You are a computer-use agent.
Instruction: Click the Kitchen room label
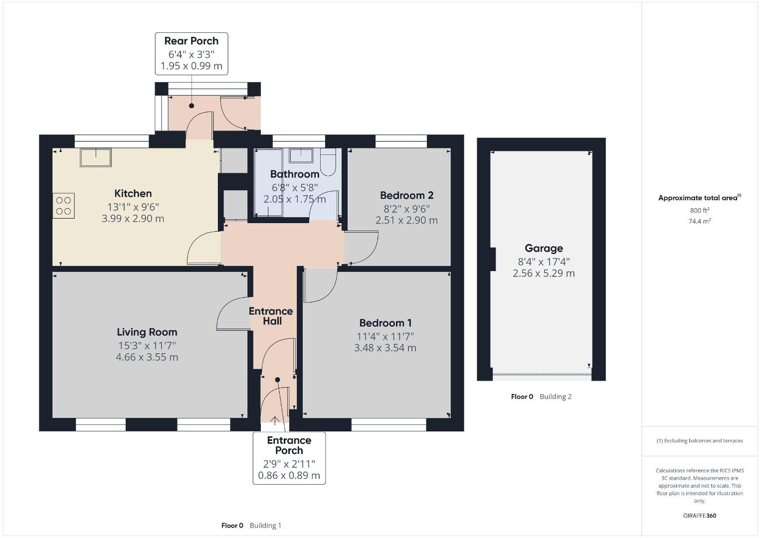pyautogui.click(x=133, y=193)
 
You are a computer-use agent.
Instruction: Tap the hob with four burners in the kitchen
pyautogui.click(x=63, y=206)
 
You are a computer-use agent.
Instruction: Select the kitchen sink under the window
pyautogui.click(x=96, y=157)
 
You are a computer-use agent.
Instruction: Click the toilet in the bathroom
pyautogui.click(x=328, y=162)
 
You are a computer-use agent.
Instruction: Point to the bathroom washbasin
pyautogui.click(x=301, y=155)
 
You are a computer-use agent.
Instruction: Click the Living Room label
pyautogui.click(x=147, y=332)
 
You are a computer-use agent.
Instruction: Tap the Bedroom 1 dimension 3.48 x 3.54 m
pyautogui.click(x=385, y=348)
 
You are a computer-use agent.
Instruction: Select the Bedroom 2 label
pyautogui.click(x=406, y=195)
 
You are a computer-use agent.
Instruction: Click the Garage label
pyautogui.click(x=544, y=249)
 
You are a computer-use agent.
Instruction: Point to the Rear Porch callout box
pyautogui.click(x=191, y=54)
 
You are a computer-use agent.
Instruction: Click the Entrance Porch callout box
pyautogui.click(x=289, y=458)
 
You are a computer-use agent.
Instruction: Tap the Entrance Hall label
pyautogui.click(x=271, y=316)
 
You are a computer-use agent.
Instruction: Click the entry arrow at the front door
pyautogui.click(x=274, y=420)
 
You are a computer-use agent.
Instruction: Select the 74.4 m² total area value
pyautogui.click(x=700, y=221)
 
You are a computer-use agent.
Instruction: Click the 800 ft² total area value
pyautogui.click(x=700, y=210)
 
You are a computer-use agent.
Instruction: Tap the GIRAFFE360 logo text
pyautogui.click(x=700, y=516)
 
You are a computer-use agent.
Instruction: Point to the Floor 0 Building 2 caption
pyautogui.click(x=541, y=397)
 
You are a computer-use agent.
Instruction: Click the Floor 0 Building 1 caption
pyautogui.click(x=251, y=526)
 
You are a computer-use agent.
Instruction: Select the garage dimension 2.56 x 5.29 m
pyautogui.click(x=544, y=273)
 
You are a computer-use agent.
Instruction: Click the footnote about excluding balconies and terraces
pyautogui.click(x=700, y=440)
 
